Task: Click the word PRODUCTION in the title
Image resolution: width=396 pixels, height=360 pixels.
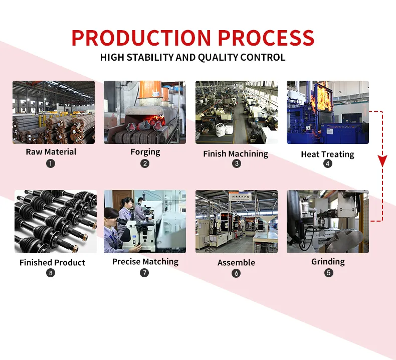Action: pos(141,38)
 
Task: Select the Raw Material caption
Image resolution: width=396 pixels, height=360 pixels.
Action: pos(51,152)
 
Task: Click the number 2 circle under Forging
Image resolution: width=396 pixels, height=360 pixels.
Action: pos(145,163)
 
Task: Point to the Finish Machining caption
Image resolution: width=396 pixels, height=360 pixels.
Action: pos(236,154)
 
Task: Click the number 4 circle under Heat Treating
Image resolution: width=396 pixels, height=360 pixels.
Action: pos(328,163)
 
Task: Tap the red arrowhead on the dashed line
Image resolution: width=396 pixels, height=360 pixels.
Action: pos(382,161)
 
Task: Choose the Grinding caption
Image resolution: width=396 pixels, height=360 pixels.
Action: pos(328,262)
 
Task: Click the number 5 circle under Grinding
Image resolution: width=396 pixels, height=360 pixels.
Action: pos(328,273)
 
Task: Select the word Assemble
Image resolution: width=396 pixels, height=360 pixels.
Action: pos(236,263)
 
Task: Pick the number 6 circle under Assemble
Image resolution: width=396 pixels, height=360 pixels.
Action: pos(236,273)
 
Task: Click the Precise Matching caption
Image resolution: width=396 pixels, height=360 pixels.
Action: pos(145,261)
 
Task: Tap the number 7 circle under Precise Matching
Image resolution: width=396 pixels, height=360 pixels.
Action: pos(144,273)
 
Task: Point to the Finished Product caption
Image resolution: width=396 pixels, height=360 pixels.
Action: pos(52,263)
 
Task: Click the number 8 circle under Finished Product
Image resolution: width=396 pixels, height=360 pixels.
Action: pos(51,273)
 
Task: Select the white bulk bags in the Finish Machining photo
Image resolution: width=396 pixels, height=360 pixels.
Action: pos(224,129)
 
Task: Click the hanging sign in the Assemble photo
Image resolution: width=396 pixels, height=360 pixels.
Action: pos(240,197)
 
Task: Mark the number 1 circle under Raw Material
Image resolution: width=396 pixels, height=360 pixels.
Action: pos(51,163)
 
